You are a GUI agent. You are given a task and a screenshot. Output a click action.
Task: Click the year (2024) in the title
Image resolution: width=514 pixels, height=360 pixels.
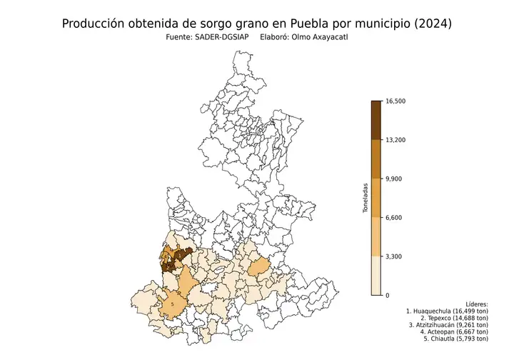point(431,24)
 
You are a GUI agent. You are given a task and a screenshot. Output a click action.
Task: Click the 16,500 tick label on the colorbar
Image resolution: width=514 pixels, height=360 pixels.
point(395,101)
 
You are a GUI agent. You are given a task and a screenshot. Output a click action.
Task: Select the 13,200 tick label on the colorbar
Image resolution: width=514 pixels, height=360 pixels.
point(395,140)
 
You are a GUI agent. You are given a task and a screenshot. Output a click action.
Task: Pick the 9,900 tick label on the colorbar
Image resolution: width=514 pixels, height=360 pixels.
point(393,179)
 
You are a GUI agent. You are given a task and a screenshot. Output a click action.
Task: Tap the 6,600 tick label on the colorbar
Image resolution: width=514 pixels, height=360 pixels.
point(393,217)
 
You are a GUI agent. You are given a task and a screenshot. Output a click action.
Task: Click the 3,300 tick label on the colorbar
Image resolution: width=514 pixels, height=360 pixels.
point(393,256)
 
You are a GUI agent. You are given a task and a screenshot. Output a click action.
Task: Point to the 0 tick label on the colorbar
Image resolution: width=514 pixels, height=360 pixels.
point(387,295)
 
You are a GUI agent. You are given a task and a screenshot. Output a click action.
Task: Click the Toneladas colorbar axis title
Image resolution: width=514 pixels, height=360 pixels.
point(364,198)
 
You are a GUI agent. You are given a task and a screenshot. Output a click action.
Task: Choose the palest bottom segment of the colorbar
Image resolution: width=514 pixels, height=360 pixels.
point(376,275)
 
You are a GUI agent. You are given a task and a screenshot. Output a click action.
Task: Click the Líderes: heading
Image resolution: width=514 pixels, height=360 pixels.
point(476,304)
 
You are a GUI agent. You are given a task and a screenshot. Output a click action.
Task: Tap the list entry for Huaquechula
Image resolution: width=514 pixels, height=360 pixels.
point(447,311)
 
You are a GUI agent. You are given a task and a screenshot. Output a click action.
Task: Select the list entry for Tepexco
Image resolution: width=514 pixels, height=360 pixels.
point(451,319)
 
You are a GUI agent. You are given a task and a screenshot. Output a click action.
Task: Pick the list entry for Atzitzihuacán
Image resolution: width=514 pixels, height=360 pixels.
point(448,326)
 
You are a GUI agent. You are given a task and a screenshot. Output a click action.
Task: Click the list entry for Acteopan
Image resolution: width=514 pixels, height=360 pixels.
point(454,333)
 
